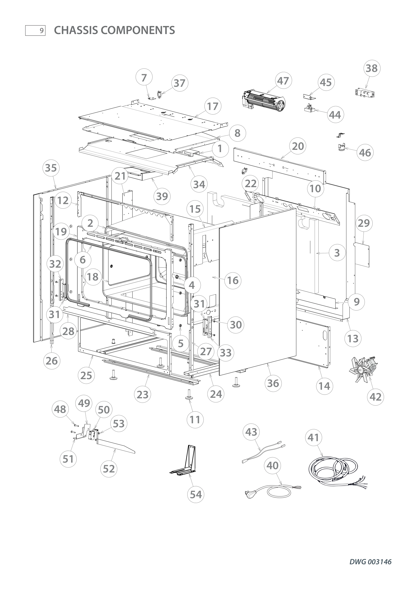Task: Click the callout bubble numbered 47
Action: click(x=283, y=81)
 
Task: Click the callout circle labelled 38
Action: click(x=372, y=68)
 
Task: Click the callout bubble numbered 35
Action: click(x=51, y=168)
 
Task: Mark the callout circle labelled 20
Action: click(x=298, y=146)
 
